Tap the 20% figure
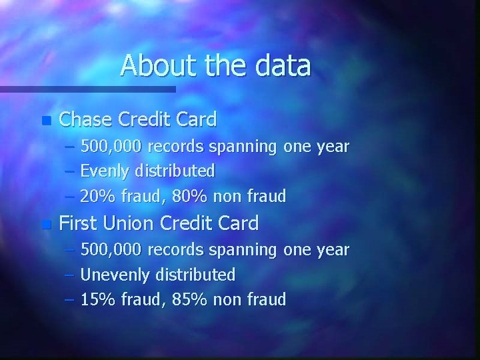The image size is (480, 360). pos(96,196)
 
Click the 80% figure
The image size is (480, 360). pos(177,196)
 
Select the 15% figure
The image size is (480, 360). pos(96,299)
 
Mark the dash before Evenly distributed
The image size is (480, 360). pos(70,172)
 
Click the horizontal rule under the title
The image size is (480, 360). pos(87,89)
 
